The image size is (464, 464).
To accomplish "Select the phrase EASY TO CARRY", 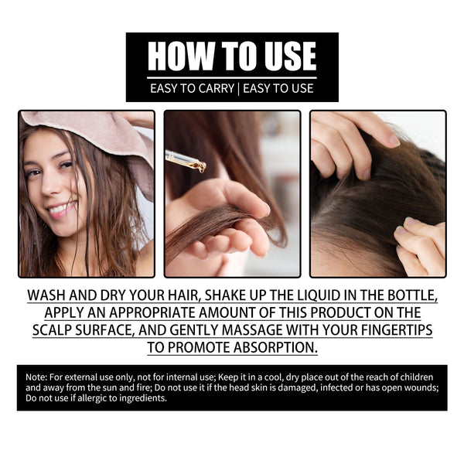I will [193, 88].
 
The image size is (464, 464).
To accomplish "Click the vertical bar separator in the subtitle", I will [239, 88].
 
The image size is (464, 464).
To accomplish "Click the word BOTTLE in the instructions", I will [411, 296].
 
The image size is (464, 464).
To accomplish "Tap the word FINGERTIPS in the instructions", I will [393, 329].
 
